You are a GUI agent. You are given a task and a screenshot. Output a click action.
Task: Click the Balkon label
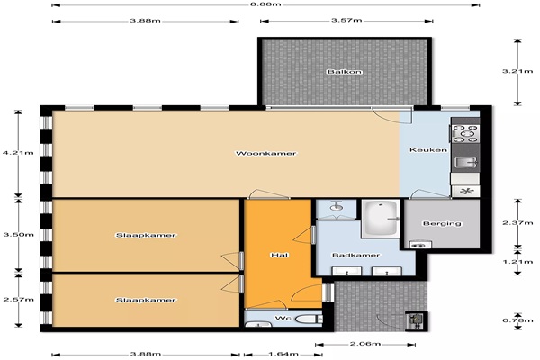pyautogui.click(x=345, y=72)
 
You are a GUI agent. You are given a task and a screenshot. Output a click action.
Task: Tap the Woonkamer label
pyautogui.click(x=265, y=153)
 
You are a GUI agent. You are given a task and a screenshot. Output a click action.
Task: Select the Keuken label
pyautogui.click(x=428, y=150)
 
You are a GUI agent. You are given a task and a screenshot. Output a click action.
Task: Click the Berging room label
pyautogui.click(x=442, y=223)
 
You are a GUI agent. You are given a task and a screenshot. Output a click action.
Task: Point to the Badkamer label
pyautogui.click(x=355, y=255)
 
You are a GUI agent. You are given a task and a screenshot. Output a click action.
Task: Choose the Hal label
pyautogui.click(x=280, y=255)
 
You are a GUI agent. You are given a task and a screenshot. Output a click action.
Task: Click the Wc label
pyautogui.click(x=283, y=318)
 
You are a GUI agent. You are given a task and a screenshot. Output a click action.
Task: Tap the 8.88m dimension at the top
pyautogui.click(x=265, y=4)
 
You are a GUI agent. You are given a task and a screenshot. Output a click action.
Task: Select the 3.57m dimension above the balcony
pyautogui.click(x=346, y=20)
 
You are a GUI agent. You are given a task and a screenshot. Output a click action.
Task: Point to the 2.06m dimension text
pyautogui.click(x=365, y=344)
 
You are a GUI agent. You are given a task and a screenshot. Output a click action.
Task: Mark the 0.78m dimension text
pyautogui.click(x=517, y=320)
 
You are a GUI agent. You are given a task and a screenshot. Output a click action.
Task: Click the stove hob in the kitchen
pyautogui.click(x=464, y=134)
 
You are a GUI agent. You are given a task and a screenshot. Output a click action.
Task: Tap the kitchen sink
pyautogui.click(x=465, y=162)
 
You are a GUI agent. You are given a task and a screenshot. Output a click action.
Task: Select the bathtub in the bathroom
pyautogui.click(x=382, y=219)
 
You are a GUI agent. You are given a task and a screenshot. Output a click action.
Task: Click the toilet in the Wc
pyautogui.click(x=308, y=319)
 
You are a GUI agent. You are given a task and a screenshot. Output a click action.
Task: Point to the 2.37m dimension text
pyautogui.click(x=517, y=223)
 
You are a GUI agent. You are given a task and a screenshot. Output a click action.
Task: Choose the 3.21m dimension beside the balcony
pyautogui.click(x=517, y=71)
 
